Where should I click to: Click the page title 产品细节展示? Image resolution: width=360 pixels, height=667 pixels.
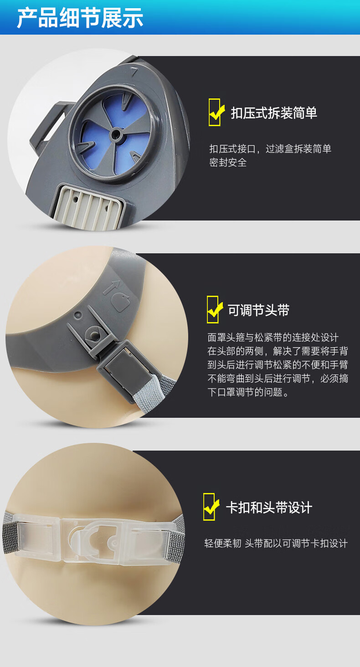[80, 18]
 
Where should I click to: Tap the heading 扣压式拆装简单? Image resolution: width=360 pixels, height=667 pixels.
[274, 113]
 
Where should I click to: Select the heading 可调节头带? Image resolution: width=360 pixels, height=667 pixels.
[258, 310]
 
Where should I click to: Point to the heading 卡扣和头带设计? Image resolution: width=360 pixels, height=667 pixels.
[269, 508]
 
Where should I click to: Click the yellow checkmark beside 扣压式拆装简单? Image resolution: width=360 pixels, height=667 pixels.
[216, 112]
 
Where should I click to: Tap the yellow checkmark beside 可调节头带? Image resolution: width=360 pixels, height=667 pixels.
[214, 310]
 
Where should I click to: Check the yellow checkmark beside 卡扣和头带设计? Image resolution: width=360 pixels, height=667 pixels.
[211, 507]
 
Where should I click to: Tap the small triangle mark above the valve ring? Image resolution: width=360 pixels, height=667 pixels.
[134, 72]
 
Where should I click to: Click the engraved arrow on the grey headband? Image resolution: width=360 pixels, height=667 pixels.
[112, 286]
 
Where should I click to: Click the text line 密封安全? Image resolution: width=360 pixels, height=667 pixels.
[228, 163]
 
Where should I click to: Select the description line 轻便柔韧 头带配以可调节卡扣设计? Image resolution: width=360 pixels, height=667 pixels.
[276, 544]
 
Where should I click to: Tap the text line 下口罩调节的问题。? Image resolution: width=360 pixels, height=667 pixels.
[248, 392]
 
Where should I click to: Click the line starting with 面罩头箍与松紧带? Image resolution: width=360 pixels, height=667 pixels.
[273, 337]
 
